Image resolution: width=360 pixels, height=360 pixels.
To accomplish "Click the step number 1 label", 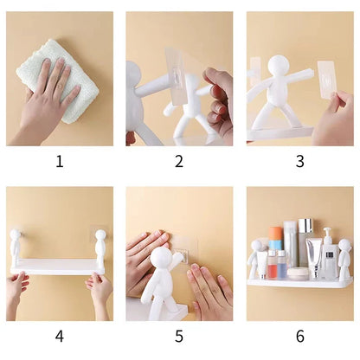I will point(60,162).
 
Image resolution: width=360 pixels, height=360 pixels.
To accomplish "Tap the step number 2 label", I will point(179,162).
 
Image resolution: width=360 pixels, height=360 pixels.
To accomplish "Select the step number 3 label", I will point(299,162).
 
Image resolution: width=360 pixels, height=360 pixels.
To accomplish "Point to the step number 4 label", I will point(60,337).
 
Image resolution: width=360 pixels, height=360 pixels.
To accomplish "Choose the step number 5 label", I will point(179,337).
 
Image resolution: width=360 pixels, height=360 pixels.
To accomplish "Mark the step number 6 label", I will point(299,337).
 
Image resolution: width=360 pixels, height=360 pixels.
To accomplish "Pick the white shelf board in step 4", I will point(58,267).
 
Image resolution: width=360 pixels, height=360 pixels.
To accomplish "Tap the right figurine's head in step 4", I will point(100,235).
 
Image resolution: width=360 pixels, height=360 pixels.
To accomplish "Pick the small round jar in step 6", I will point(299,273).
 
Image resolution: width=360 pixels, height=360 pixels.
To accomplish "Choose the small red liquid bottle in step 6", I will point(272,265).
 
